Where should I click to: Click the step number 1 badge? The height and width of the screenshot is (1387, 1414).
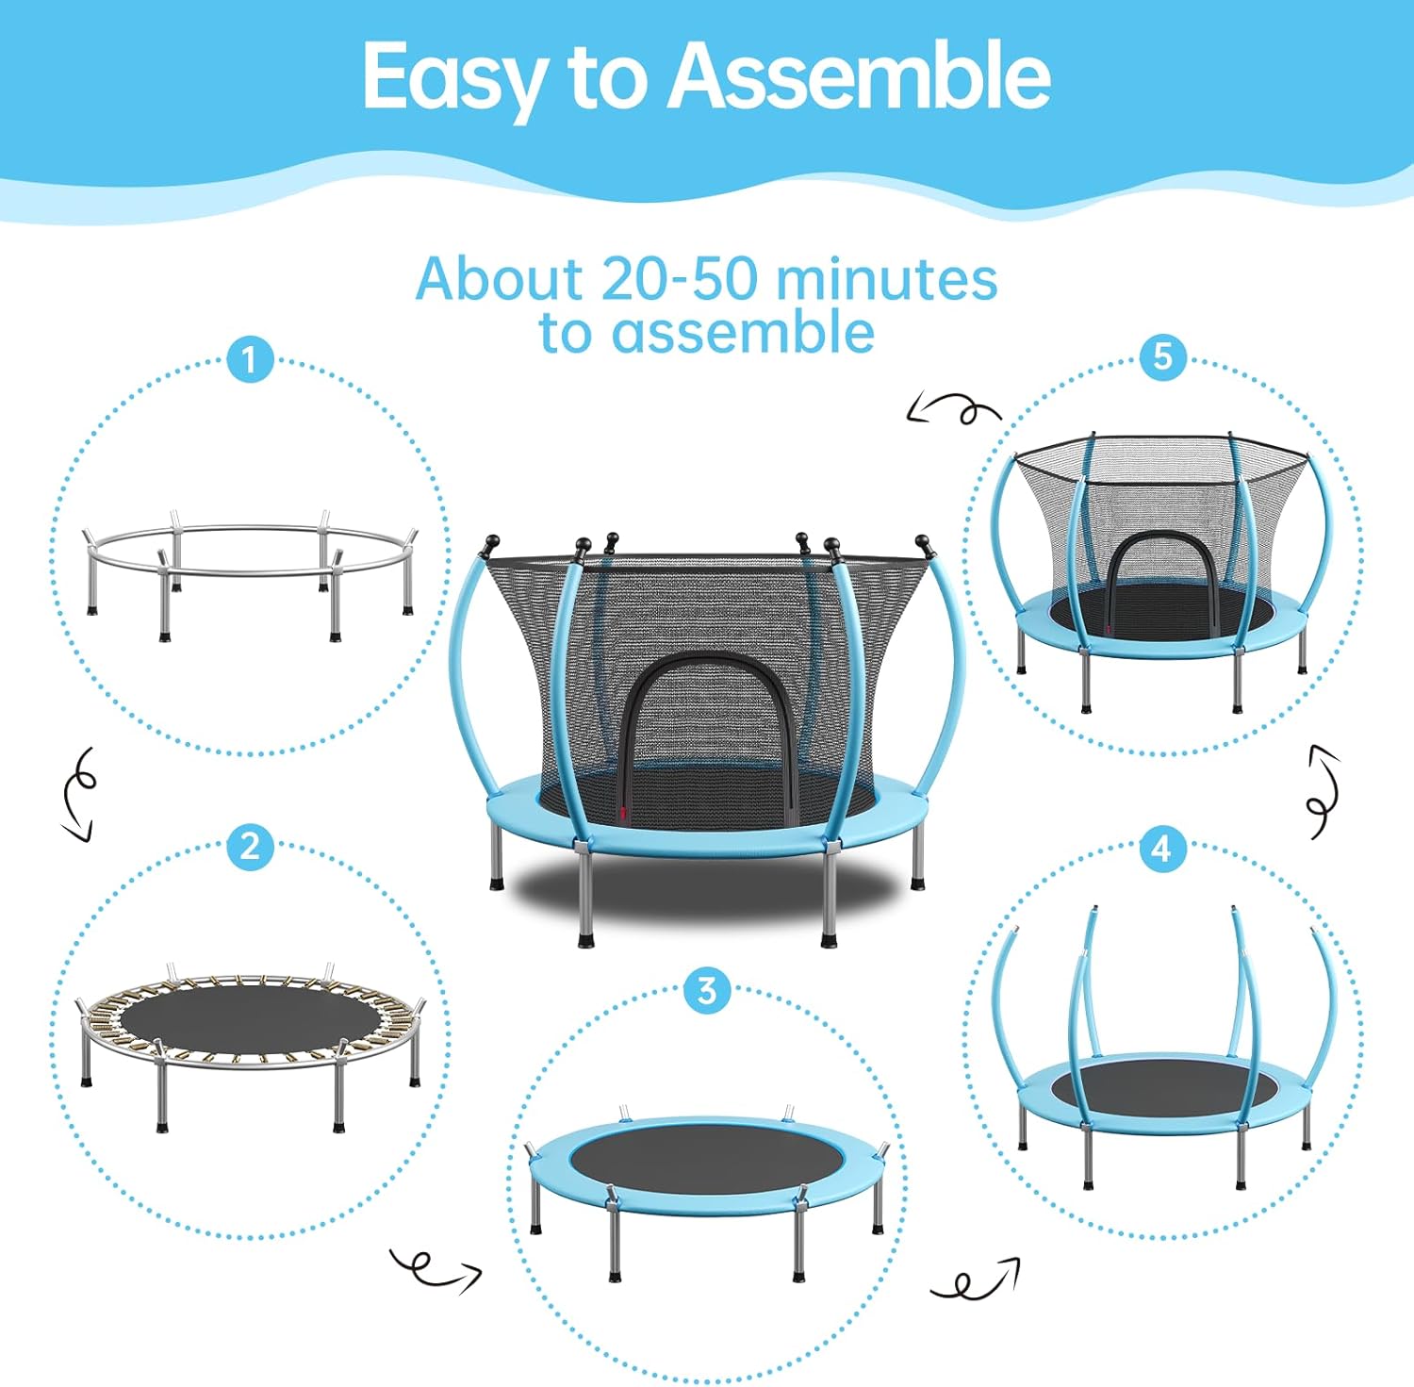pos(249,360)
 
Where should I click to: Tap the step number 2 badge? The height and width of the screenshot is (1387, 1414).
pos(249,847)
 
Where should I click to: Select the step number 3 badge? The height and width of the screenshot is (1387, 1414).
pos(706,991)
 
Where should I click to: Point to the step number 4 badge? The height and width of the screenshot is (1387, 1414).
pos(1161,849)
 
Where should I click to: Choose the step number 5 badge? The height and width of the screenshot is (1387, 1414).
pos(1162,357)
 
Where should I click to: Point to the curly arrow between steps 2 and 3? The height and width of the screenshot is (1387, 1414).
pos(436,1269)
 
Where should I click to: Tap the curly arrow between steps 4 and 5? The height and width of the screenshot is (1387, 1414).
pos(1324,791)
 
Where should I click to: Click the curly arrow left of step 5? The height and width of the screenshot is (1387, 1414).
pos(952,409)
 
